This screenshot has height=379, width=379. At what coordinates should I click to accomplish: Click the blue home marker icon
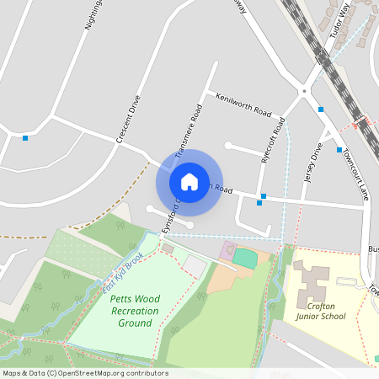click(x=189, y=181)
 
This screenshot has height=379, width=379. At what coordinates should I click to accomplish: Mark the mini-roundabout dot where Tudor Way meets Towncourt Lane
click(x=302, y=90)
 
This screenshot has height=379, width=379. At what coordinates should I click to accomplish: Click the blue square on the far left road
click(x=25, y=137)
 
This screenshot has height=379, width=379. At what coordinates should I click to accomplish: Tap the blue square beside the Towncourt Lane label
click(x=339, y=150)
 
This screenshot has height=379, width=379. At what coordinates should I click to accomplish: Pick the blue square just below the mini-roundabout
click(x=320, y=109)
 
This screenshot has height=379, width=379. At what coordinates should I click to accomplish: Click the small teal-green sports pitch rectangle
click(x=245, y=259)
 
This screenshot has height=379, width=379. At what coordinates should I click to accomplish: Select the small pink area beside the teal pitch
click(x=227, y=250)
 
